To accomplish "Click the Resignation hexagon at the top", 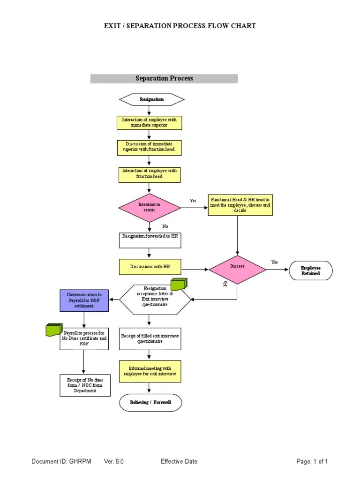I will (151, 99).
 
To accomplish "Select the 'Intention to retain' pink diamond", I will (149, 207).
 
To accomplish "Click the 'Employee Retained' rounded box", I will (310, 270).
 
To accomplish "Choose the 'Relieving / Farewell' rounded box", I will (150, 402).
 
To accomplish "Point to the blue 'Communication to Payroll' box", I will (84, 300).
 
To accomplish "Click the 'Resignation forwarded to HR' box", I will (150, 240).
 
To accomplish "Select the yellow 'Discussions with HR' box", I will (150, 267).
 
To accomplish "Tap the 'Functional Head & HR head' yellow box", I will (240, 205).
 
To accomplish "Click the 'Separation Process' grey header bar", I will (164, 78).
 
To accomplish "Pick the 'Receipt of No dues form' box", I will (85, 385).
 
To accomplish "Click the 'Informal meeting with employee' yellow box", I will (150, 371).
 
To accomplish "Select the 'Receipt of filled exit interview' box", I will (150, 338).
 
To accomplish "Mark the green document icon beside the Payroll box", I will (54, 330).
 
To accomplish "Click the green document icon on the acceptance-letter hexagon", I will (179, 284).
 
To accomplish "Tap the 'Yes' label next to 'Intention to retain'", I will (193, 201).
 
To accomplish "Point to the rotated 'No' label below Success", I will (225, 284).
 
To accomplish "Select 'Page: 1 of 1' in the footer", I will (312, 462).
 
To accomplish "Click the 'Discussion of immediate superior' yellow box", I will (149, 148).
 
